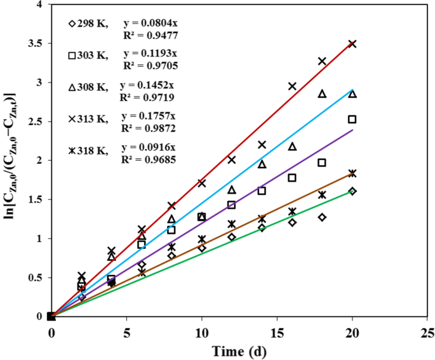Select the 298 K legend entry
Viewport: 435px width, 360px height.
[x=88, y=24]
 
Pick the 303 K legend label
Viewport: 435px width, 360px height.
[x=88, y=56]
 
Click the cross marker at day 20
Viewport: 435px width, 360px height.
[x=352, y=44]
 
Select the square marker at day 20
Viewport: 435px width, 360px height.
[x=352, y=119]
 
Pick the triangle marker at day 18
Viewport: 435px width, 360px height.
[x=322, y=94]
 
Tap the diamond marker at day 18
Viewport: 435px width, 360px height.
[x=322, y=217]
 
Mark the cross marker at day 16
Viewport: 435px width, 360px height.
[x=292, y=86]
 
